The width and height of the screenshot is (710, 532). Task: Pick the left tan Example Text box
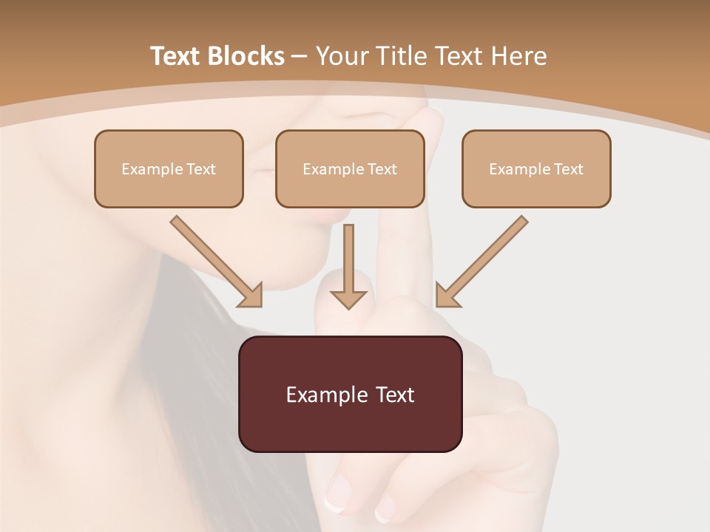coord(169,168)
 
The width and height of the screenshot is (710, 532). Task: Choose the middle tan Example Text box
coord(350,168)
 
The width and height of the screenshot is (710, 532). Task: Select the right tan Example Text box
coord(536,168)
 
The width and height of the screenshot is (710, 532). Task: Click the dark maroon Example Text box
coord(350,394)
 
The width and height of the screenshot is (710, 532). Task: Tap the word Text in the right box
coord(568,169)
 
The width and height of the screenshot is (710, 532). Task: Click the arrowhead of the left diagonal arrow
coord(251,296)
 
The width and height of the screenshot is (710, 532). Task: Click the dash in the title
coord(300,56)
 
